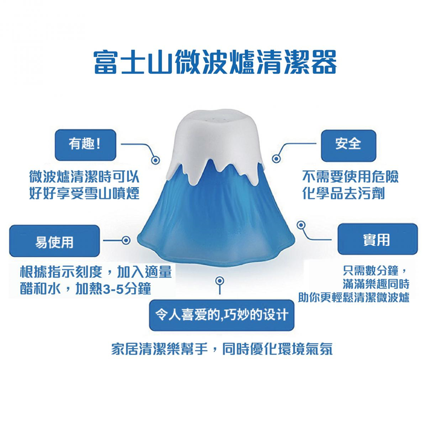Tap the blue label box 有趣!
point(85,145)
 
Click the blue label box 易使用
point(55,241)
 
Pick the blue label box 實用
point(377,239)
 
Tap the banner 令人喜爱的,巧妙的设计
point(222,315)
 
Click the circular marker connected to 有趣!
point(155,160)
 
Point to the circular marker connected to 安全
point(276,158)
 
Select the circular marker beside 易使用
point(126,240)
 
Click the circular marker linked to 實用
point(301,225)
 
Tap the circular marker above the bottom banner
point(220,281)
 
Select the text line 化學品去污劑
point(343,193)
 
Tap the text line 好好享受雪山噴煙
point(85,193)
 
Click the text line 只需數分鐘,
point(375,271)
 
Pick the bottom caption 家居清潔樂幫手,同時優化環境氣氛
point(222,349)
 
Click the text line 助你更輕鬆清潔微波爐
point(354,297)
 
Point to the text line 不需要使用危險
point(351,177)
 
